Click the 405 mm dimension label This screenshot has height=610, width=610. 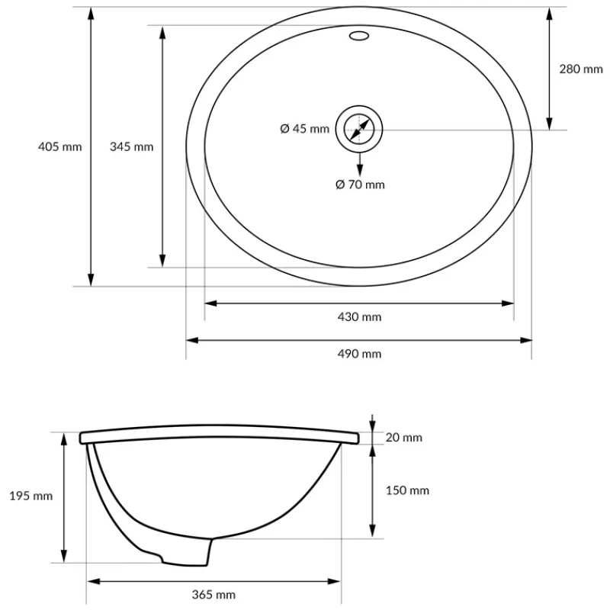[59, 146]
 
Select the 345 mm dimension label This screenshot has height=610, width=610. [131, 146]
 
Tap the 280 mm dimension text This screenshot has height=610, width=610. [581, 69]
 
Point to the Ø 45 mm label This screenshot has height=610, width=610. [305, 129]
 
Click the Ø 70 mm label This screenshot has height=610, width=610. [360, 184]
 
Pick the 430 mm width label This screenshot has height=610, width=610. [359, 317]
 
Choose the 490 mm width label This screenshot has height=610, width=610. [359, 353]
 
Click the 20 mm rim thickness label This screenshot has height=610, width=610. [403, 438]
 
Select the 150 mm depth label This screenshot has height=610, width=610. [408, 490]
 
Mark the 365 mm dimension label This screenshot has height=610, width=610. [213, 595]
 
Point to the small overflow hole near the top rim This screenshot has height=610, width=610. [358, 35]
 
